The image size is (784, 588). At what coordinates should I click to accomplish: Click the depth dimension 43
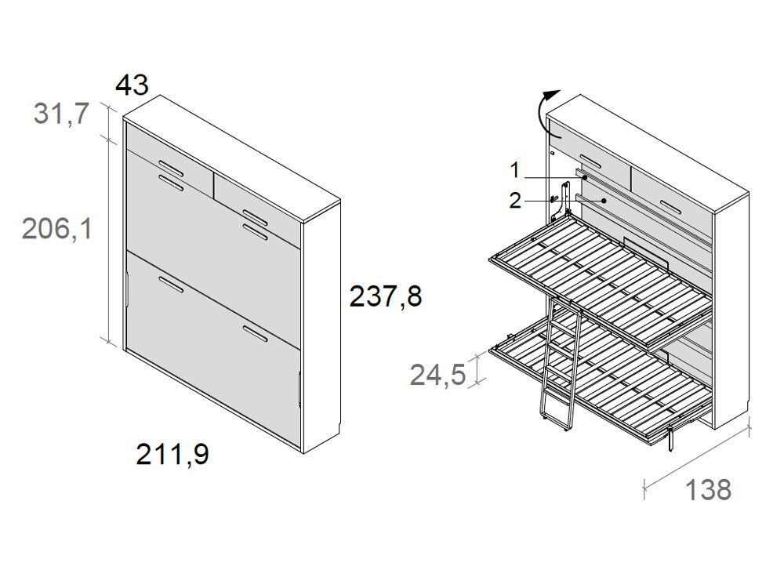pyautogui.click(x=131, y=85)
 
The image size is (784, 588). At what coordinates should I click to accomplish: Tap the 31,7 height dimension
pyautogui.click(x=60, y=114)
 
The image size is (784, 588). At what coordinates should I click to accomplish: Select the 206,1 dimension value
pyautogui.click(x=56, y=229)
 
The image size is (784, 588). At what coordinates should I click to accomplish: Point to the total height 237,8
pyautogui.click(x=385, y=297)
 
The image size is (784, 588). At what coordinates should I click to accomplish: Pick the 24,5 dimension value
pyautogui.click(x=437, y=374)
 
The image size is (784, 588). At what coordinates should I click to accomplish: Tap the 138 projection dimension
pyautogui.click(x=708, y=489)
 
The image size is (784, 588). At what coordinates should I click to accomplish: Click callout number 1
pyautogui.click(x=514, y=169)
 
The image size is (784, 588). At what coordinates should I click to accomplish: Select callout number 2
pyautogui.click(x=514, y=201)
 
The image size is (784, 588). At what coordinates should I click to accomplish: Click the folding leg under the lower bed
pyautogui.click(x=670, y=439)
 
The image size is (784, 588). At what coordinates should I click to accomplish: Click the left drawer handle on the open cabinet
pyautogui.click(x=591, y=162)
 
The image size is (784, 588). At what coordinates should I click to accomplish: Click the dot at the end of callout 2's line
pyautogui.click(x=604, y=201)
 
